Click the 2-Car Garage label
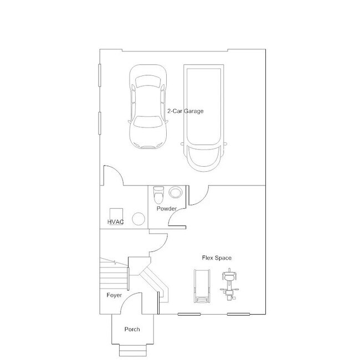(x=186, y=111)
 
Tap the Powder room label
(x=167, y=209)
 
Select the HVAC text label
(x=116, y=222)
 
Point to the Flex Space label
(x=217, y=258)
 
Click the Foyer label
(x=114, y=295)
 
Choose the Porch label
(x=132, y=329)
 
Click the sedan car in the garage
(x=148, y=106)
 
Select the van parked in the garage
(x=204, y=118)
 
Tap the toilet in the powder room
(x=158, y=195)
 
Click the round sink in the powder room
(x=176, y=192)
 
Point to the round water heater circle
(x=138, y=219)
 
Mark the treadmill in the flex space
(x=202, y=286)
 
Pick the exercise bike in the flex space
(x=229, y=284)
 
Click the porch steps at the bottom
(x=133, y=351)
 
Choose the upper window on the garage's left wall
(x=100, y=75)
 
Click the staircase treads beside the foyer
(x=114, y=276)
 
